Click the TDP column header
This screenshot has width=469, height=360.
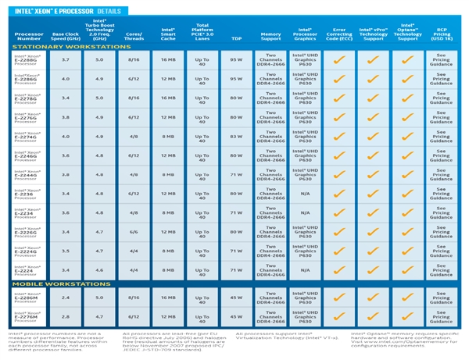click(237, 37)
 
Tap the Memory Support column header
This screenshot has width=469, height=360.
click(270, 36)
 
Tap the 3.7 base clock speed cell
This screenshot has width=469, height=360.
click(66, 60)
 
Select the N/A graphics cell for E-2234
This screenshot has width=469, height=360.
click(305, 212)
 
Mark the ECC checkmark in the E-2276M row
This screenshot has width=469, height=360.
click(338, 317)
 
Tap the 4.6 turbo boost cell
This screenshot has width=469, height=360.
click(99, 269)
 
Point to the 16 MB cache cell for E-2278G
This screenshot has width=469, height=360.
click(167, 98)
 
